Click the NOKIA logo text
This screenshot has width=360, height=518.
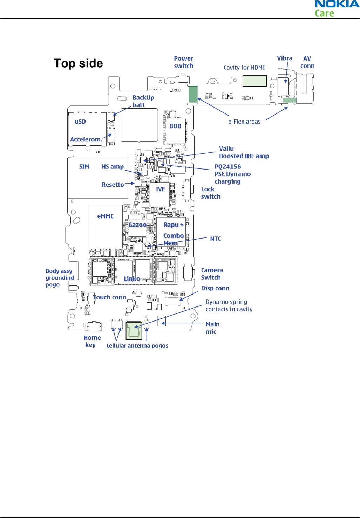pyautogui.click(x=337, y=4)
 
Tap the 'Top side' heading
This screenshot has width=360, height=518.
pyautogui.click(x=78, y=63)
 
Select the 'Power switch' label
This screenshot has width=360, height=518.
pyautogui.click(x=183, y=62)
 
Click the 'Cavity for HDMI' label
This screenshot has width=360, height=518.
pyautogui.click(x=244, y=68)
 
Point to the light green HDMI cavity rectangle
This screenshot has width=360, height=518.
pyautogui.click(x=254, y=81)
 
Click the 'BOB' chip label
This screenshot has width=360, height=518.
pyautogui.click(x=175, y=126)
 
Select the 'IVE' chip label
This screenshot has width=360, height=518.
pyautogui.click(x=160, y=189)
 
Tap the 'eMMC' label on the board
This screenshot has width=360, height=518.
pyautogui.click(x=105, y=216)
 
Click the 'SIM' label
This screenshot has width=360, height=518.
pyautogui.click(x=84, y=167)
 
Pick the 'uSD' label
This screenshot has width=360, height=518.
pyautogui.click(x=80, y=122)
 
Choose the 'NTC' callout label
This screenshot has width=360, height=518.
pyautogui.click(x=215, y=239)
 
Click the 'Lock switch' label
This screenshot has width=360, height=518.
pyautogui.click(x=210, y=193)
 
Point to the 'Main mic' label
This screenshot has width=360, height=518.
pyautogui.click(x=212, y=328)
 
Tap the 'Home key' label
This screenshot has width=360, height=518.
pyautogui.click(x=92, y=341)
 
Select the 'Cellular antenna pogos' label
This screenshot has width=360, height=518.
pyautogui.click(x=137, y=346)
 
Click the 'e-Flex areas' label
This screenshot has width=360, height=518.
pyautogui.click(x=244, y=122)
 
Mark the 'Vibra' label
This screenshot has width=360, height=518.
pyautogui.click(x=284, y=58)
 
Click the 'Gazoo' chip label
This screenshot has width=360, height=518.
pyautogui.click(x=137, y=225)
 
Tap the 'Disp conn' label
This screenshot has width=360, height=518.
pyautogui.click(x=215, y=288)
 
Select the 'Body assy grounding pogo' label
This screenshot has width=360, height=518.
pyautogui.click(x=59, y=278)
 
